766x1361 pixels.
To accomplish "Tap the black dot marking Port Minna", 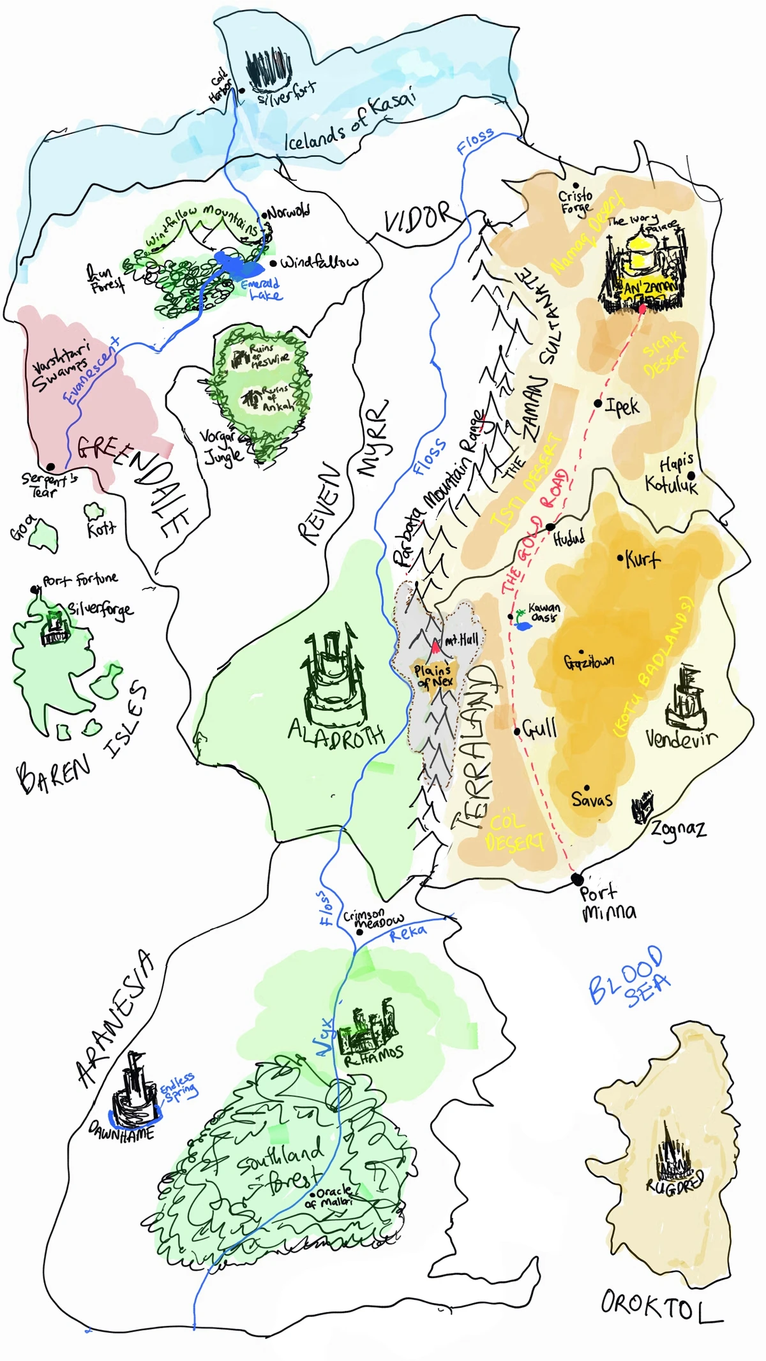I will (x=577, y=879).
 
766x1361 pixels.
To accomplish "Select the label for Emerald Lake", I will (x=262, y=289).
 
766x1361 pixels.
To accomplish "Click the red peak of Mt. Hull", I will (x=435, y=648).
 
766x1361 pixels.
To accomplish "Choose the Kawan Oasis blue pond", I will (x=523, y=626).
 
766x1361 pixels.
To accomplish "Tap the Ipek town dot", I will (x=598, y=403).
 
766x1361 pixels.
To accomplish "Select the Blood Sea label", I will (x=629, y=976).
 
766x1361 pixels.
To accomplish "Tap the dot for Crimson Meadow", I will (x=359, y=932).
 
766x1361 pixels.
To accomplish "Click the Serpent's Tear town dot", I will (x=50, y=466).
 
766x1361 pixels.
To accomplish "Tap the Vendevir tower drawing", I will (x=686, y=699).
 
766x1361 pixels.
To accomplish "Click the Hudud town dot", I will (x=550, y=527).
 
